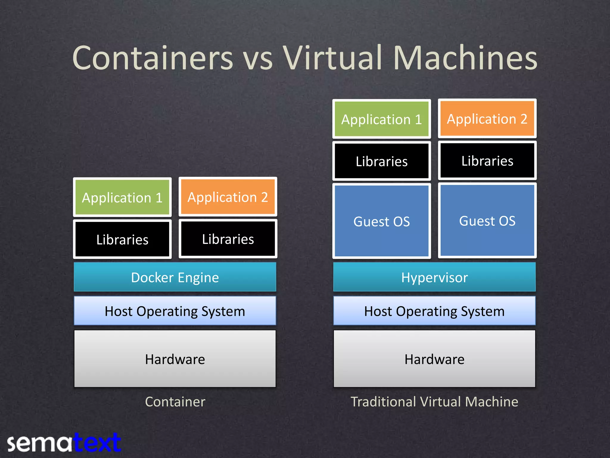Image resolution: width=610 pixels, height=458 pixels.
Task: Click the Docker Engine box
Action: click(x=175, y=277)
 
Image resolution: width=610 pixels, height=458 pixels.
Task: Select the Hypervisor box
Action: click(x=434, y=277)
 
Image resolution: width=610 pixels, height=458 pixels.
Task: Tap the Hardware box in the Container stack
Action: click(x=175, y=359)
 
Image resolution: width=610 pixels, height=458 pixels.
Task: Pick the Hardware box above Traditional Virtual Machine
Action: click(x=434, y=359)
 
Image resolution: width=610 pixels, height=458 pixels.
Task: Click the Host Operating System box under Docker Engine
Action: click(x=175, y=311)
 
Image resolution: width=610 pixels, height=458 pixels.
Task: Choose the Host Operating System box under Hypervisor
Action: click(x=434, y=311)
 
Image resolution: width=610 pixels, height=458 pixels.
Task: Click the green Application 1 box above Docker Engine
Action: click(x=122, y=197)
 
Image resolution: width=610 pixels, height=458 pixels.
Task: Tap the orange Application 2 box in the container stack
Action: click(x=228, y=197)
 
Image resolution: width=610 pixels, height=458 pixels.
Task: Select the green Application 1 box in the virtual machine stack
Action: click(x=382, y=119)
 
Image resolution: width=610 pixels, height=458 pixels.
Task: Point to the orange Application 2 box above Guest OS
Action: click(x=487, y=118)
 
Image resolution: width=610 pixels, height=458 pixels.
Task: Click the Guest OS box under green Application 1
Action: click(x=382, y=221)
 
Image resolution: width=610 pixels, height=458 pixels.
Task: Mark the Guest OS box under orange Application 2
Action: click(x=487, y=220)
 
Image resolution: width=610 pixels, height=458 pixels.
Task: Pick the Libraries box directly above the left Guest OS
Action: click(x=382, y=161)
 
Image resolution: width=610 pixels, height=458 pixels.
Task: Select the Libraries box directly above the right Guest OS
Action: click(x=487, y=160)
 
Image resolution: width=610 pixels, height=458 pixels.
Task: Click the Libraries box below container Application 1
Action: click(x=122, y=239)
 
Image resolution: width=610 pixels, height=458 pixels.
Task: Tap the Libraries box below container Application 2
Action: click(x=228, y=239)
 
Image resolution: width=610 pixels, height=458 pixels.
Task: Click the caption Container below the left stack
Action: click(x=175, y=401)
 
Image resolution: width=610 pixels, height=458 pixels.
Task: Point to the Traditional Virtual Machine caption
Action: click(x=434, y=401)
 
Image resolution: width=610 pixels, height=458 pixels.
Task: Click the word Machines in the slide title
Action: click(x=465, y=58)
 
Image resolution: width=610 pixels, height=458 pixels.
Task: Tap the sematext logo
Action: click(x=64, y=442)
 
